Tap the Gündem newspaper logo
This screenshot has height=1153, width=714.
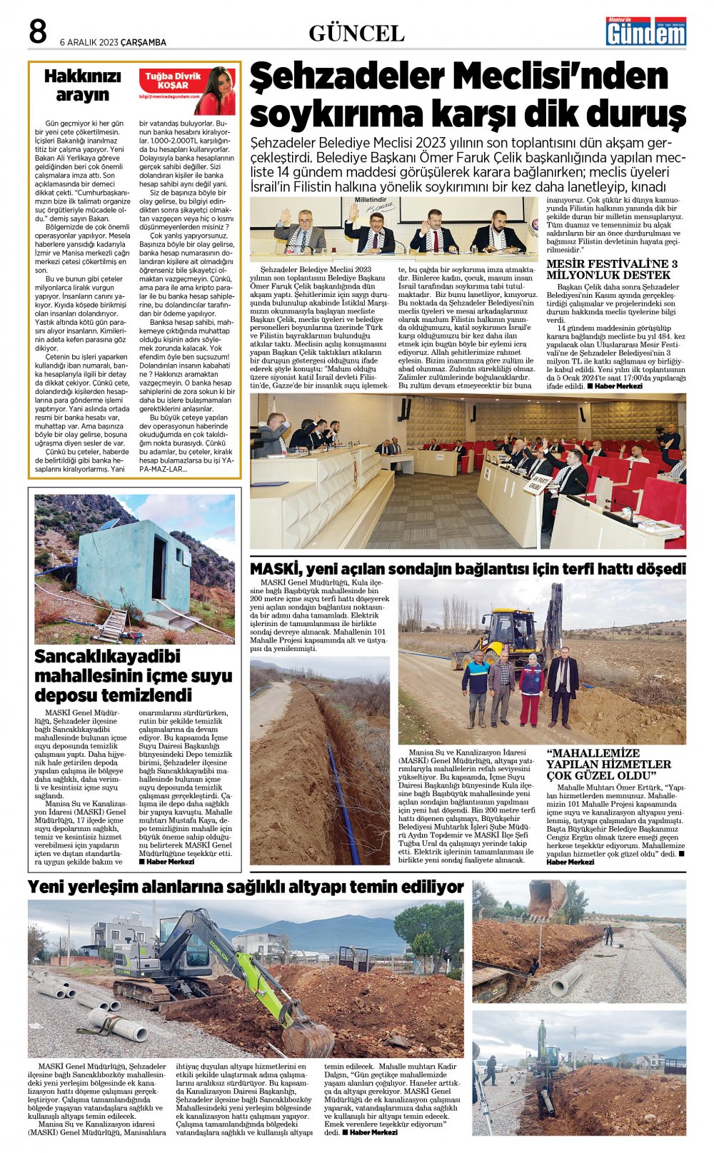(x=645, y=31)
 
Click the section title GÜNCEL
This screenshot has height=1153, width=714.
(x=356, y=34)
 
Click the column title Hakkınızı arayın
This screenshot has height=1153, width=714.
(x=82, y=86)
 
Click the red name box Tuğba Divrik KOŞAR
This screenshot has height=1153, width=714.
(x=174, y=81)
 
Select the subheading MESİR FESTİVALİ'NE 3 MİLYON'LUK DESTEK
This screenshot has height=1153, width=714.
(x=612, y=269)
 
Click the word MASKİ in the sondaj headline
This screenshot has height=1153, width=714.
(x=275, y=569)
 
